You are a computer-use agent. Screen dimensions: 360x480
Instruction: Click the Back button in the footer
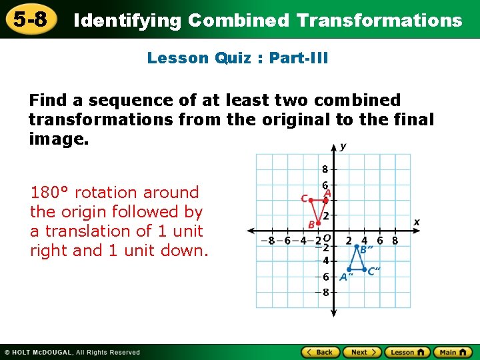(x=319, y=352)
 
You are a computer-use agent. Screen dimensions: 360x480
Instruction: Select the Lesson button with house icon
(x=407, y=352)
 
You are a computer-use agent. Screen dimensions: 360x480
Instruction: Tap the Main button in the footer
(x=452, y=352)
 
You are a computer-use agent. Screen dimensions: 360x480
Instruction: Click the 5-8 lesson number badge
(x=29, y=19)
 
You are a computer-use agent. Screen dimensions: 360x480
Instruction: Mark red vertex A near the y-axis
(x=326, y=199)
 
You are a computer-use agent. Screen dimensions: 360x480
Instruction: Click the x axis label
(x=417, y=221)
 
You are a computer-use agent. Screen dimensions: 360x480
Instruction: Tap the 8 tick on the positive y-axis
(x=325, y=169)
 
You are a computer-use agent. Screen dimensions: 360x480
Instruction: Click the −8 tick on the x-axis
(x=271, y=241)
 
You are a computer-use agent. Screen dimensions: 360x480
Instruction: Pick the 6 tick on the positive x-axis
(x=379, y=241)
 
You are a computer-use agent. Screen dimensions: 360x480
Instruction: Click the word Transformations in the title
(x=379, y=21)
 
